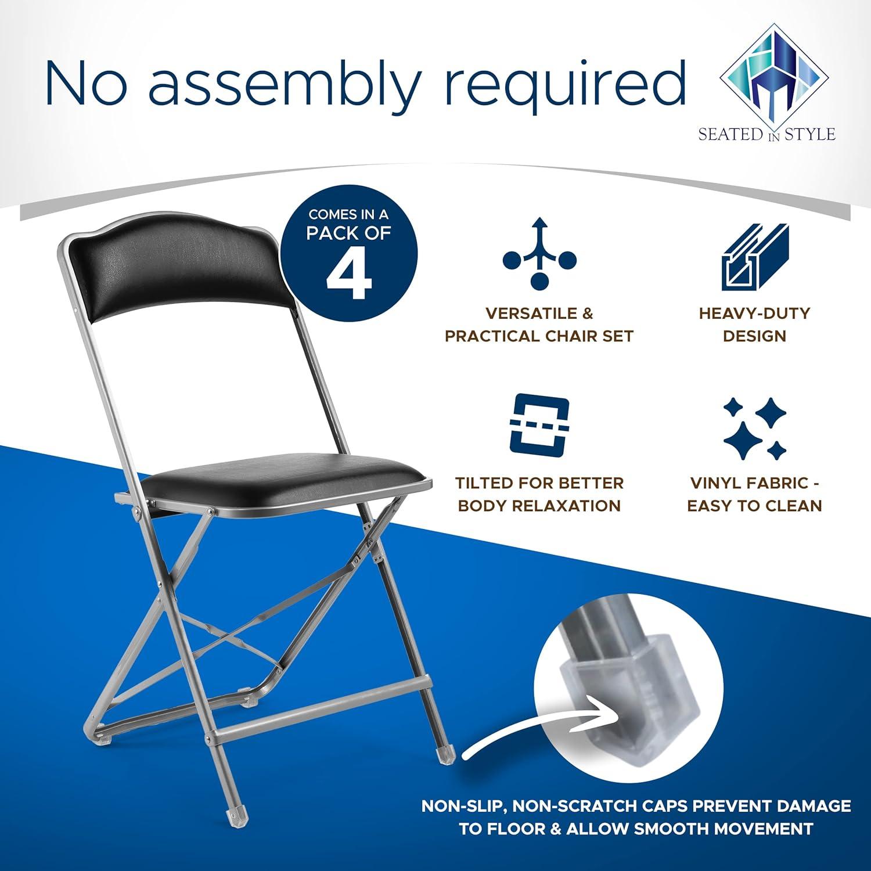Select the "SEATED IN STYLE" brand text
pos(766,135)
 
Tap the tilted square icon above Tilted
pos(539,424)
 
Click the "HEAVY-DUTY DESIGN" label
pos(754,325)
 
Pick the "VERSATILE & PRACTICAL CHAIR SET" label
pos(539,325)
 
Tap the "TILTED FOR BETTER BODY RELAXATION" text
pos(539,494)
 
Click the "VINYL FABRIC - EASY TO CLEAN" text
pos(754,494)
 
